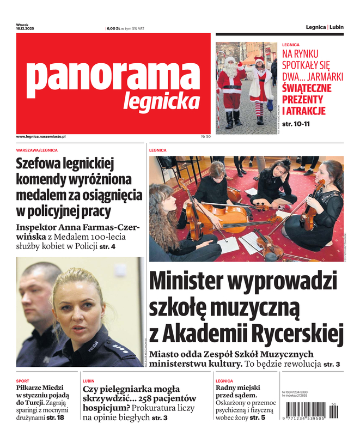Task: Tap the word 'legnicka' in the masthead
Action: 161,101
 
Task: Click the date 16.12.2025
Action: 25,28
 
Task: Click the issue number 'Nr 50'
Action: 205,136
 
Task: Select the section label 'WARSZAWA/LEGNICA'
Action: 36,150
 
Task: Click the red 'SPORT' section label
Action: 22,381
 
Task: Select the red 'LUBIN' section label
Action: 88,381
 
